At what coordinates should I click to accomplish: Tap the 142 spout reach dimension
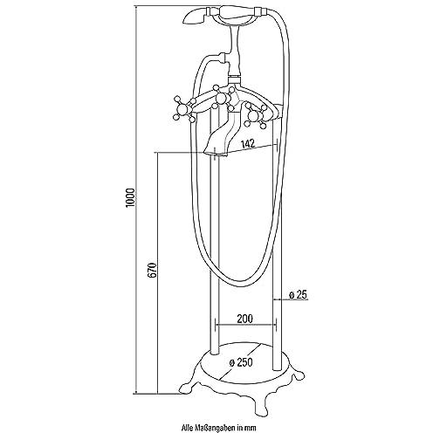click(248, 143)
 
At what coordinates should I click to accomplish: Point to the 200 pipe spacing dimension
click(244, 319)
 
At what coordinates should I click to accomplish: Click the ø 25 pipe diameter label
click(298, 295)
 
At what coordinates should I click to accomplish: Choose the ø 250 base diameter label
click(241, 363)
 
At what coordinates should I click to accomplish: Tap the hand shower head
click(194, 17)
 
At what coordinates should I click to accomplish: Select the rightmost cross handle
click(257, 114)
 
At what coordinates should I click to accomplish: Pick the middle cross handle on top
click(223, 98)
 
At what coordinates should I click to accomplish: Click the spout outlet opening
click(216, 154)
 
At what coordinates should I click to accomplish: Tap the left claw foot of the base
click(185, 388)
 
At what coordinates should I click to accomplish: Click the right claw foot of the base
click(298, 375)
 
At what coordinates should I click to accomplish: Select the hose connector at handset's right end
click(260, 12)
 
